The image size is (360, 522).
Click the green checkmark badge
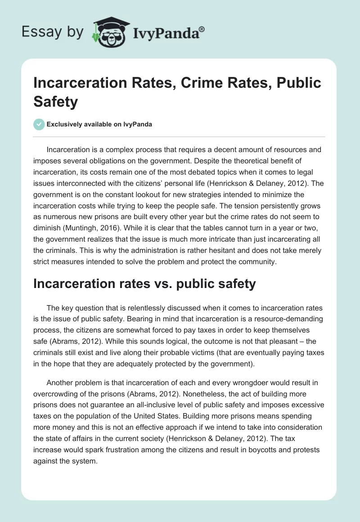point(39,124)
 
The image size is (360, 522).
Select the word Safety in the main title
point(56,102)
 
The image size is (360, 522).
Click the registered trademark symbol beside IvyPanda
point(202,29)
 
